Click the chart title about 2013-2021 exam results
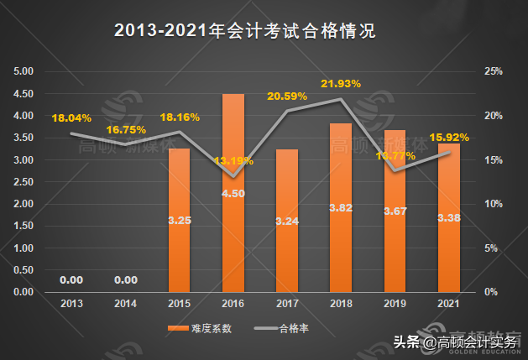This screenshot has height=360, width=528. coord(243,31)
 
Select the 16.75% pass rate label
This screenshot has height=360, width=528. coord(127,129)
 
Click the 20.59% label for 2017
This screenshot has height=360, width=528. coord(287,96)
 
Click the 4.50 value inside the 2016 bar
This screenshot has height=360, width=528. coord(233,194)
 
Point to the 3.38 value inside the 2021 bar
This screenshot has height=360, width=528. coord(447,222)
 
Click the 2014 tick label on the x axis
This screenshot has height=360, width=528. coord(125,302)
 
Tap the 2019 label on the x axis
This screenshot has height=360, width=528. coord(394,302)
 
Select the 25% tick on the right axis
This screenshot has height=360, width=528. coord(493,71)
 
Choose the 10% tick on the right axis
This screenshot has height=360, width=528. coord(493,204)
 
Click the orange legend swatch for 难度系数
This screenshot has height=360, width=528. coord(179,327)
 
